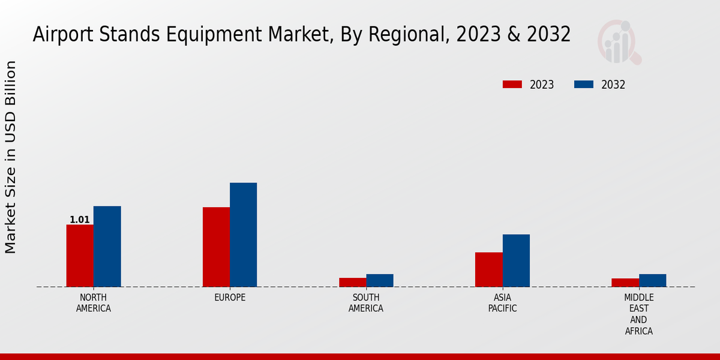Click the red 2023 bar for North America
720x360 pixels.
(80, 256)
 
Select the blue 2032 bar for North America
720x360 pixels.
(107, 247)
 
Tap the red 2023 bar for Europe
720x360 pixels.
(216, 247)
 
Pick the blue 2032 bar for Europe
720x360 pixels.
(243, 235)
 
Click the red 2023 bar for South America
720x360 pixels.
(352, 282)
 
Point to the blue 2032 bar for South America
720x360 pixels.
(380, 280)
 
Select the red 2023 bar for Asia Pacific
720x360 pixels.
(488, 269)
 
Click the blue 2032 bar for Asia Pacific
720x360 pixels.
(516, 260)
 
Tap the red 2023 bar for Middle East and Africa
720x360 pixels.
(625, 283)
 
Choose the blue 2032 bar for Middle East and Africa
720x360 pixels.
(652, 280)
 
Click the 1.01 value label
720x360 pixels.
(80, 220)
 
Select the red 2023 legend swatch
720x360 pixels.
(512, 85)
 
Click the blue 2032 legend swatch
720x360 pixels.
(584, 85)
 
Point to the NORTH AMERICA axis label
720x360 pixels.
(94, 303)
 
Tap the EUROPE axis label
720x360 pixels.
(230, 298)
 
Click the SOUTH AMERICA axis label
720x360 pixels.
(366, 303)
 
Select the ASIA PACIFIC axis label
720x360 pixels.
(502, 303)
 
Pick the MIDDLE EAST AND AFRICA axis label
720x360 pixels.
(638, 314)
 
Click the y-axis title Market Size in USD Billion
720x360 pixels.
(11, 157)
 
